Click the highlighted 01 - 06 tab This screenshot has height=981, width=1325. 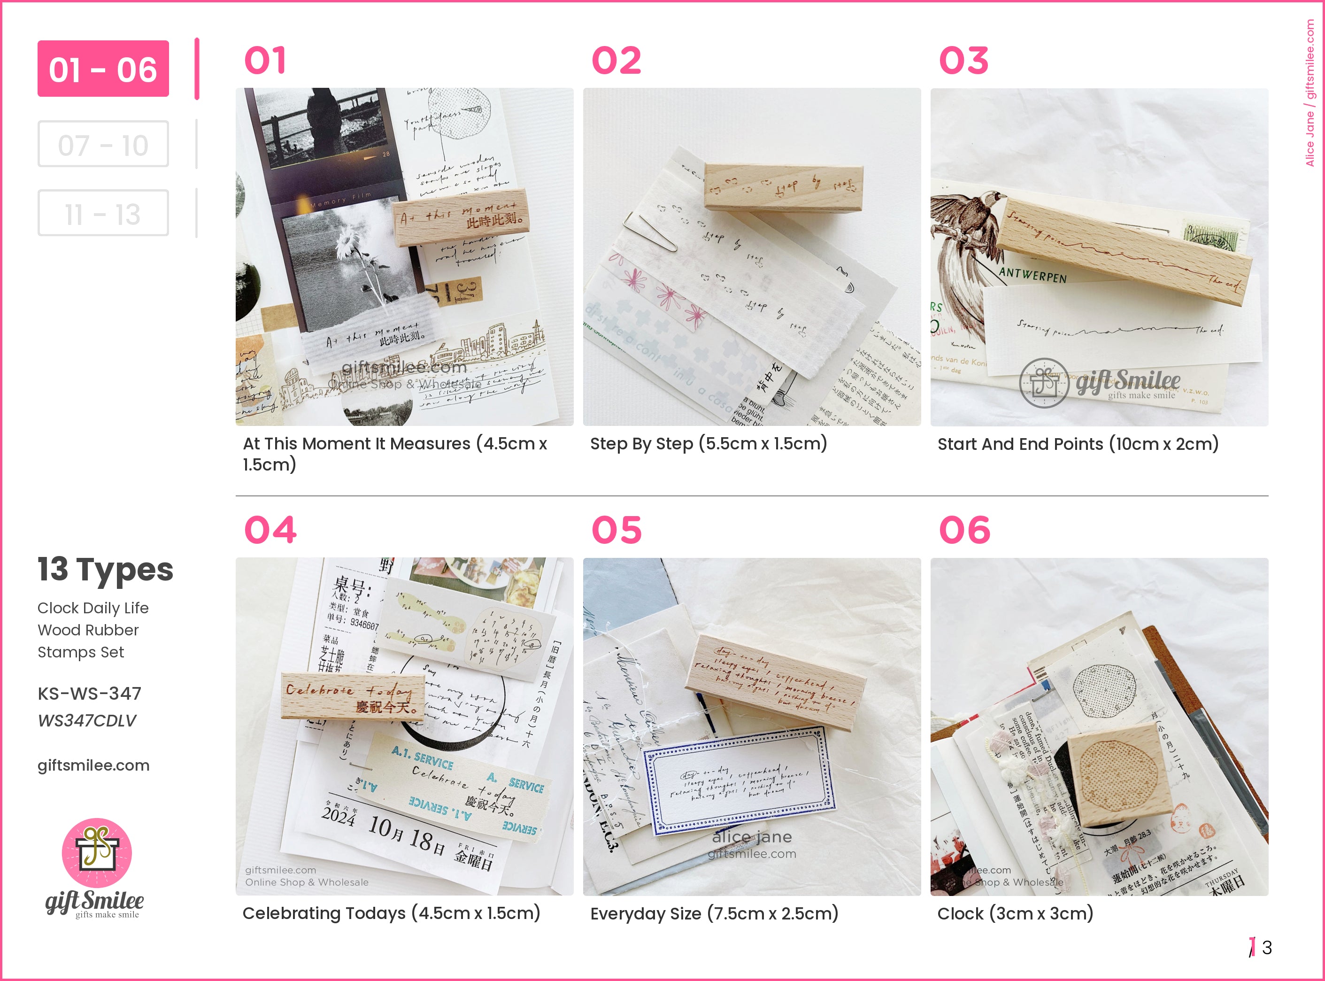click(103, 69)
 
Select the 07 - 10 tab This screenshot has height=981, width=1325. click(103, 144)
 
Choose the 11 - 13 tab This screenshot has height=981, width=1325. click(103, 213)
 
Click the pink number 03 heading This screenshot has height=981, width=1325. click(963, 61)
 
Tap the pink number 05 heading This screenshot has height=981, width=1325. click(617, 530)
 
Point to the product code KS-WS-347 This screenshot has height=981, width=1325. click(89, 693)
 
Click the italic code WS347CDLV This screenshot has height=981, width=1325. click(87, 720)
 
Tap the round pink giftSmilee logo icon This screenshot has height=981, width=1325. click(97, 853)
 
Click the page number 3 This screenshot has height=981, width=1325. click(1267, 947)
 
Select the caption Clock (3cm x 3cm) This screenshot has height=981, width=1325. click(1015, 913)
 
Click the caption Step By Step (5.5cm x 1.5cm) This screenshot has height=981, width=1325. click(708, 444)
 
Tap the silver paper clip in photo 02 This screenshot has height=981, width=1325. click(650, 231)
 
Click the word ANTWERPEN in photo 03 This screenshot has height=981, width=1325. click(1033, 275)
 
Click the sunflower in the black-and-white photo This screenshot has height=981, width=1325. click(350, 243)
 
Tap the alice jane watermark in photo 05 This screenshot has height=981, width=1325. click(752, 837)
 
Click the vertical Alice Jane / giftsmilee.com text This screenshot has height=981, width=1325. click(1310, 92)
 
